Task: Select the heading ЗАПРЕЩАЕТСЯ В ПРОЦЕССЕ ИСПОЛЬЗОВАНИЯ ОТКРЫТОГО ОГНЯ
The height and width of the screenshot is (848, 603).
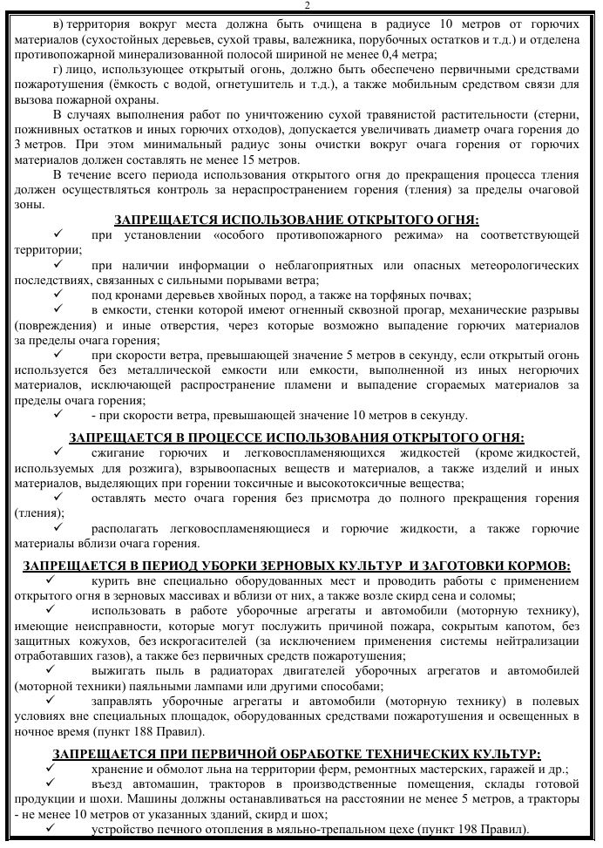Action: [297, 437]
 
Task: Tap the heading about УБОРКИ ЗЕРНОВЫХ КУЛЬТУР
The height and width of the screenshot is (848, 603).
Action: [297, 566]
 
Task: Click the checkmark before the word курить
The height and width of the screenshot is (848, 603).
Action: [51, 580]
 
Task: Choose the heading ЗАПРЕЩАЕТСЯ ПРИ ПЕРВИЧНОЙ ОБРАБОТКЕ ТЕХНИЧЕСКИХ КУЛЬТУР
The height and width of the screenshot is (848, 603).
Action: [297, 753]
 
